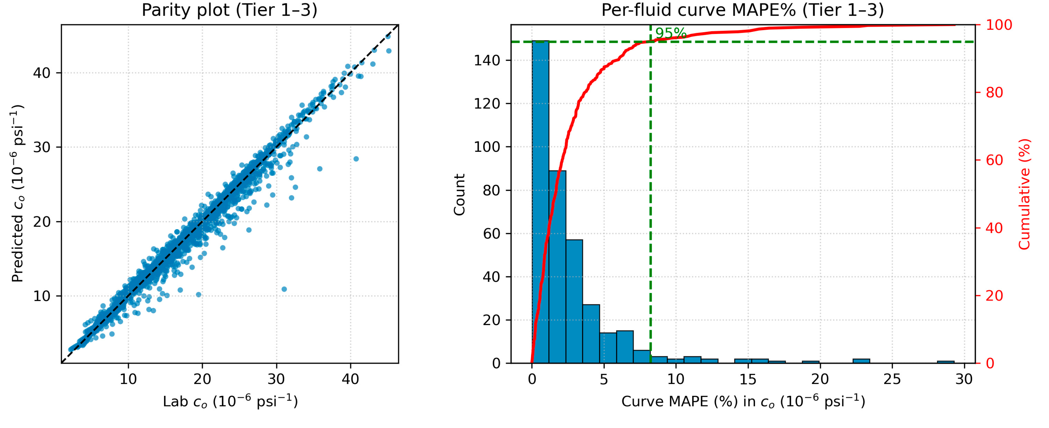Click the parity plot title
click(229, 10)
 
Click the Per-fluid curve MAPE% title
click(742, 10)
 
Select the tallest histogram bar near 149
click(540, 203)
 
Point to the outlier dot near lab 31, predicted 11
click(284, 289)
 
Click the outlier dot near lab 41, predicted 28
click(356, 159)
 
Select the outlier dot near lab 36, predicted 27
click(320, 169)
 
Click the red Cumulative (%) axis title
click(1024, 194)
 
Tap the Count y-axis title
click(459, 194)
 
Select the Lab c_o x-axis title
click(230, 402)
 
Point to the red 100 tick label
click(999, 25)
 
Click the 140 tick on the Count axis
click(487, 60)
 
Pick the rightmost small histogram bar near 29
click(946, 362)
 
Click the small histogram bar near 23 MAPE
click(861, 361)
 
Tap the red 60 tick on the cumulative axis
click(994, 160)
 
